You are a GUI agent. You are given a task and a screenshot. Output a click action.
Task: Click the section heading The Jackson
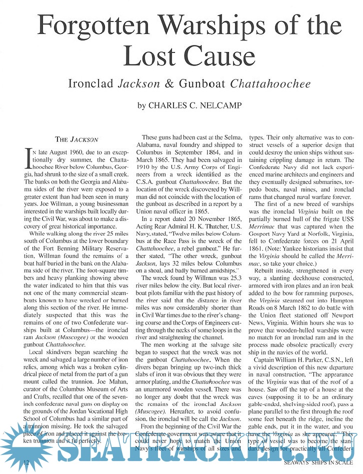tap(76, 139)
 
